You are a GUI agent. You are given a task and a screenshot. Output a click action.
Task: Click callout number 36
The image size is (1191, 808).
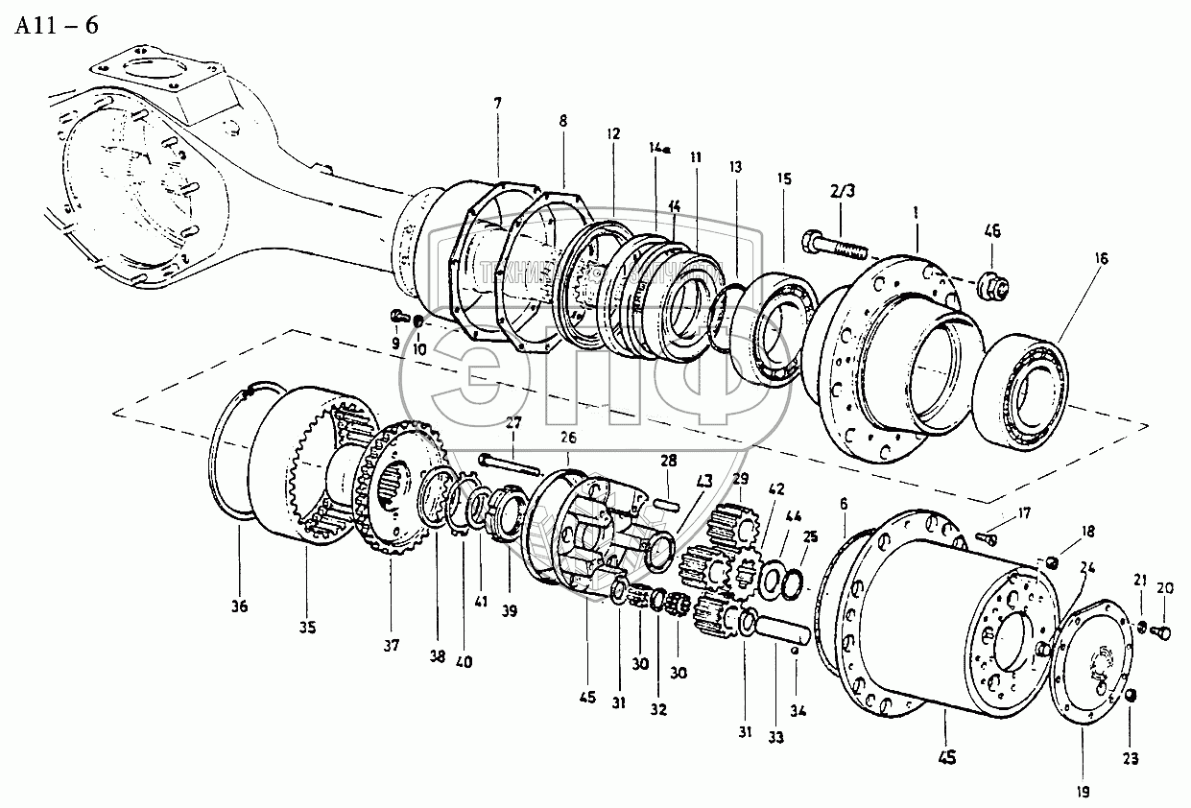coord(239,606)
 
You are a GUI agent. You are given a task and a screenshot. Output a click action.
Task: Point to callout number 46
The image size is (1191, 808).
coord(993,231)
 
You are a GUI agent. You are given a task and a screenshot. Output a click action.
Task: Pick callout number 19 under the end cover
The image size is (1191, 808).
coord(1082,794)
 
